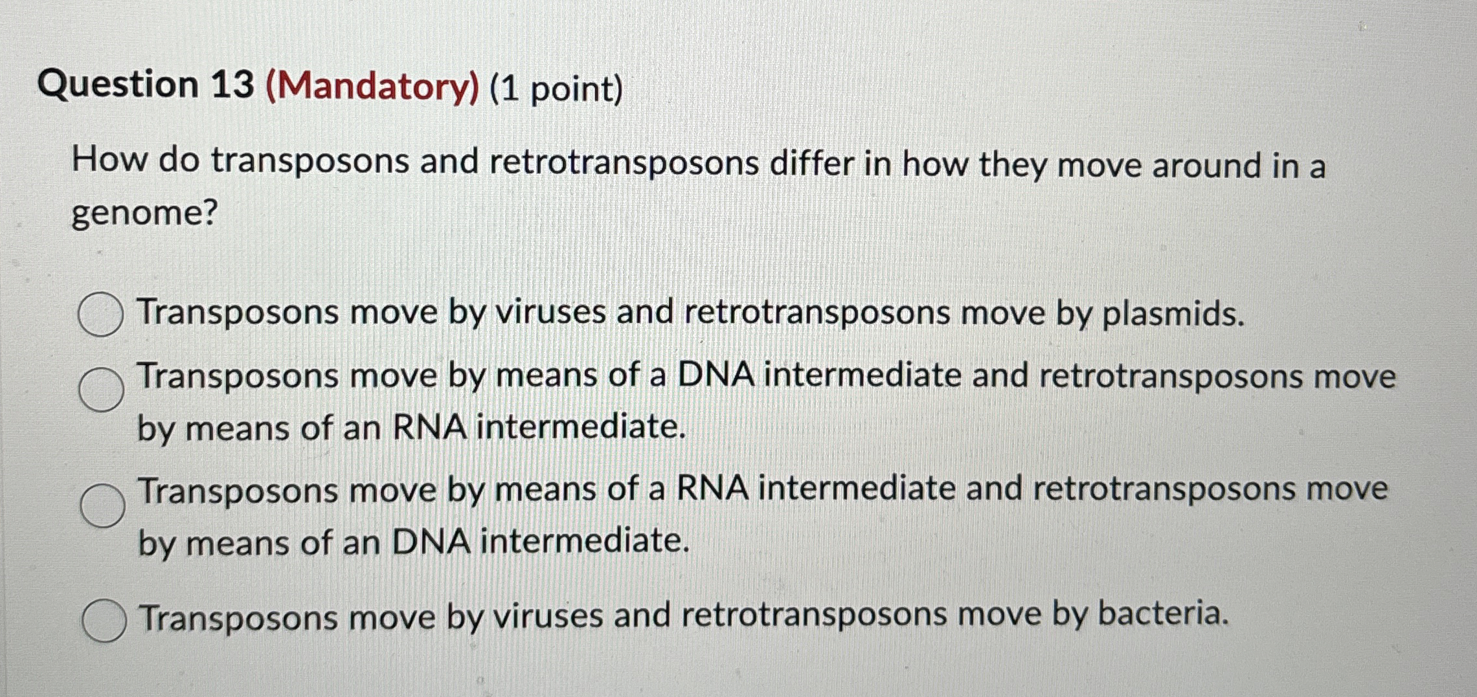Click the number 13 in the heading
231,85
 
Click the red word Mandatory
372,87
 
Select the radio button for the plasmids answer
100,315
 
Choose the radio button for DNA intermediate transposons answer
101,390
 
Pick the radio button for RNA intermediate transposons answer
102,505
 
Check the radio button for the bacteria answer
104,620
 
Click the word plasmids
1172,314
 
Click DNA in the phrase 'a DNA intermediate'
716,375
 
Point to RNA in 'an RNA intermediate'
429,428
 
